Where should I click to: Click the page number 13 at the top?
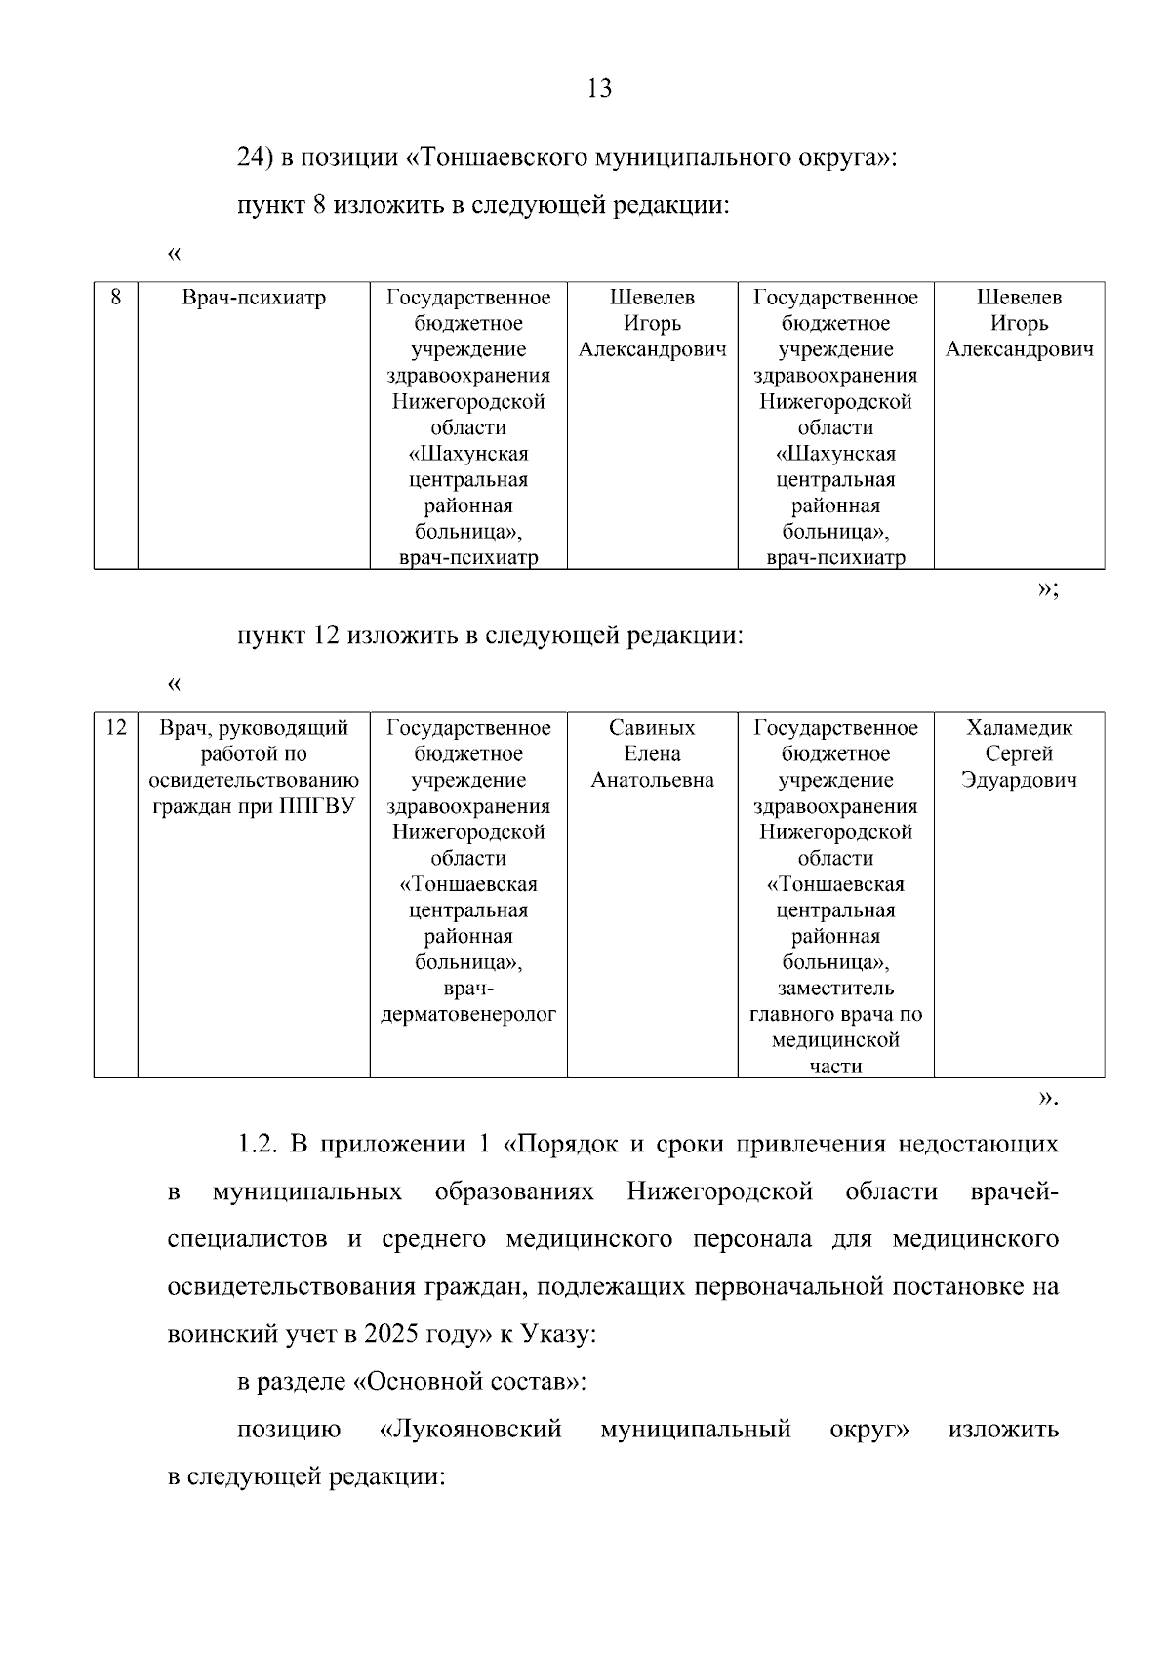599,89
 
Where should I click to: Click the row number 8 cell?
115,298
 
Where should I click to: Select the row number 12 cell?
115,728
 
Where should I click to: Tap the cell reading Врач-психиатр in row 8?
254,298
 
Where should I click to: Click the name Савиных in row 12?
652,728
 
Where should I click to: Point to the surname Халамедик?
1019,728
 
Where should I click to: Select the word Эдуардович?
1019,781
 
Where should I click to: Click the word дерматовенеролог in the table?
468,1015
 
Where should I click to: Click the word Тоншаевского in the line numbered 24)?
497,157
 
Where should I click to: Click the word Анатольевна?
652,781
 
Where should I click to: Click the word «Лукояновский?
470,1430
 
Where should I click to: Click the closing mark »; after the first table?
1047,588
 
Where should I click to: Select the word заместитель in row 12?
835,989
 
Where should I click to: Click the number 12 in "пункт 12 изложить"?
326,636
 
